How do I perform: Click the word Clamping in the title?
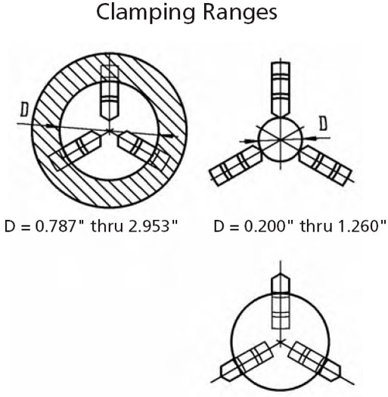(145, 13)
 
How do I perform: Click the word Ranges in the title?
(240, 13)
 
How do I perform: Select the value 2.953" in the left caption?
(153, 226)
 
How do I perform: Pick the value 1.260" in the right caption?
(362, 226)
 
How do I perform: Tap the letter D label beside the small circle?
(323, 123)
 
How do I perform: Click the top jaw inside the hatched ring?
(110, 93)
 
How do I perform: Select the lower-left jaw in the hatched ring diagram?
(75, 150)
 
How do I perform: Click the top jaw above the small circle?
(281, 89)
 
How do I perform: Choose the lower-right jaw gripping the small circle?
(325, 166)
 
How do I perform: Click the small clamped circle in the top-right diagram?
(281, 138)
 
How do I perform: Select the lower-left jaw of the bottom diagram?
(246, 361)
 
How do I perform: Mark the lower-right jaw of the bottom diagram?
(315, 361)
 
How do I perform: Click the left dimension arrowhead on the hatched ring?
(50, 126)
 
